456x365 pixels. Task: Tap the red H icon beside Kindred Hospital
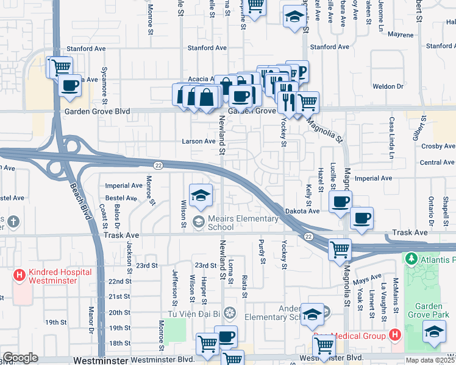[19, 276]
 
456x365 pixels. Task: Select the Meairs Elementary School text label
[222, 223]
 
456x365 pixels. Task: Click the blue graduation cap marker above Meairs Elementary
[201, 195]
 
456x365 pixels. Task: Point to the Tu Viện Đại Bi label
[194, 314]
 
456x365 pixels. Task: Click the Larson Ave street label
[199, 141]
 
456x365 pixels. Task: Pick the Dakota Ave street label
[302, 210]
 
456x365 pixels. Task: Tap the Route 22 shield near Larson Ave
[157, 165]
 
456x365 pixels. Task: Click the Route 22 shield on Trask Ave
[309, 236]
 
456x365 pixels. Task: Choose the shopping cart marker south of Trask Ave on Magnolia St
[340, 249]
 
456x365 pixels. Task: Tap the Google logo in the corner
[20, 358]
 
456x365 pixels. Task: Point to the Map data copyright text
[430, 360]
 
